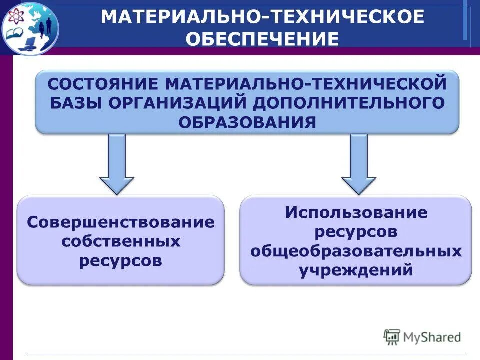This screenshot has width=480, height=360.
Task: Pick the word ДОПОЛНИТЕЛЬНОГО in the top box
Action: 349,102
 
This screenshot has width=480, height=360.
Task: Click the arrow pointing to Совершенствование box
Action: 117,165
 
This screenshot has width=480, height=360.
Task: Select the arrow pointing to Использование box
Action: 358,165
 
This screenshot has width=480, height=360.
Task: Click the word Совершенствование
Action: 121,222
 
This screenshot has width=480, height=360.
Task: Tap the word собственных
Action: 121,242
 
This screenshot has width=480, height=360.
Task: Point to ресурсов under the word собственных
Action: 121,261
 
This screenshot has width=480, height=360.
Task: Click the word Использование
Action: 356,212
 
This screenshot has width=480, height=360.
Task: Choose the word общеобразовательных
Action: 356,251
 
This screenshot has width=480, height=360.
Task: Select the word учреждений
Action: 356,271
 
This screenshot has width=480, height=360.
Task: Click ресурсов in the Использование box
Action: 356,232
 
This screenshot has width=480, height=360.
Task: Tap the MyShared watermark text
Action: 432,337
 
